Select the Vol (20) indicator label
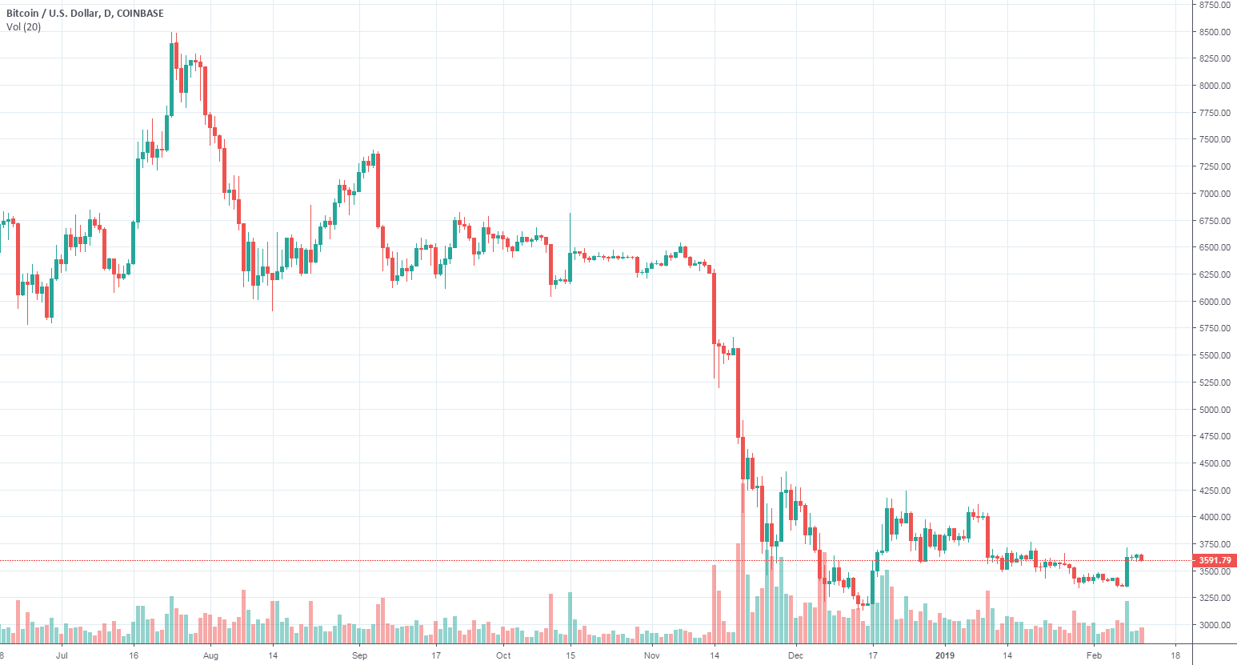pyautogui.click(x=24, y=27)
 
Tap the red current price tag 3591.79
pyautogui.click(x=1215, y=560)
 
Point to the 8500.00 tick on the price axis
pyautogui.click(x=1215, y=32)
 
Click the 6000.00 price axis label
pyautogui.click(x=1215, y=302)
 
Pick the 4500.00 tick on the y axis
pyautogui.click(x=1215, y=463)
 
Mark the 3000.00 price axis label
pyautogui.click(x=1215, y=625)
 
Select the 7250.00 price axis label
pyautogui.click(x=1215, y=166)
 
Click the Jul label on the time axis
pyautogui.click(x=62, y=655)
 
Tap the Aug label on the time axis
pyautogui.click(x=210, y=655)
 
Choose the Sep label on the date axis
pyautogui.click(x=359, y=655)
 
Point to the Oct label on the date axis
pyautogui.click(x=503, y=655)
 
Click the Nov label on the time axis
pyautogui.click(x=652, y=655)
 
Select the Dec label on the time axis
pyautogui.click(x=795, y=655)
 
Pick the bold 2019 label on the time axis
pyautogui.click(x=945, y=655)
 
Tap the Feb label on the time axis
pyautogui.click(x=1094, y=655)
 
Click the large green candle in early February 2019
pyautogui.click(x=1127, y=571)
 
